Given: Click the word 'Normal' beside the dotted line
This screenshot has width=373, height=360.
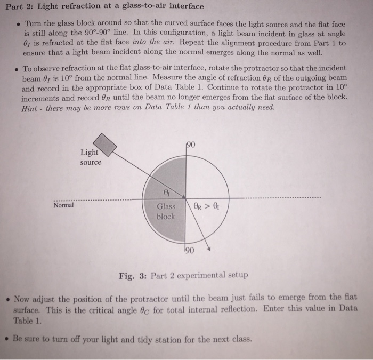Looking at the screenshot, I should tap(64, 205).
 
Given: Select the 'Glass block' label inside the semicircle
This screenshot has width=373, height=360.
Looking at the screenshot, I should tap(165, 212).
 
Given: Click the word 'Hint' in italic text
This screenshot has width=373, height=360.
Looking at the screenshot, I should tap(32, 107).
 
